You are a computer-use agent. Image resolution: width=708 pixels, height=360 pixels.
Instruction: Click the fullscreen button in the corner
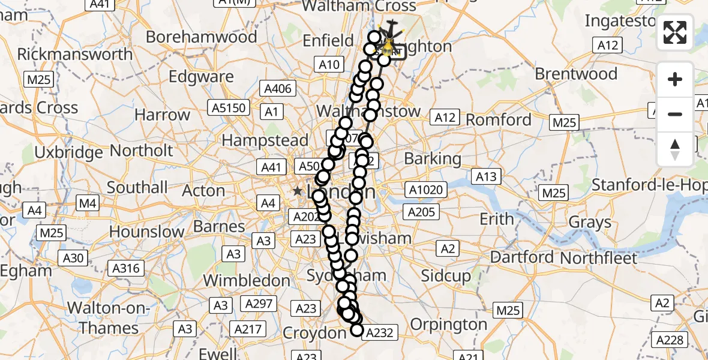[675, 32]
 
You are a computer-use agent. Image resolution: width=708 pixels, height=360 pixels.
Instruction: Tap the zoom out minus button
[675, 114]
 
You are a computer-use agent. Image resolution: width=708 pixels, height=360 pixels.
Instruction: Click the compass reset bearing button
[675, 149]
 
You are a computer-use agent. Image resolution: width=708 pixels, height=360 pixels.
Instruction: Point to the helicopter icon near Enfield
[391, 29]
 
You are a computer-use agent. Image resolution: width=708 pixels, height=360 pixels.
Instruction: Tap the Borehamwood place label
[201, 37]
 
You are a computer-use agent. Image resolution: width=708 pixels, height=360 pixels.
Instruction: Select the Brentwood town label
[576, 74]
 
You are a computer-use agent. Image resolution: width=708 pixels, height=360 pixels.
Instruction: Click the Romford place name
[499, 119]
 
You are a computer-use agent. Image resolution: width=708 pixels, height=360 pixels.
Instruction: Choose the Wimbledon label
[247, 280]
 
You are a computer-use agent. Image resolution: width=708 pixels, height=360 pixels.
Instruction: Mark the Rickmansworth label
[75, 54]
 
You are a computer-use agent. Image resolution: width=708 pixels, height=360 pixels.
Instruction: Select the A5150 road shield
[228, 108]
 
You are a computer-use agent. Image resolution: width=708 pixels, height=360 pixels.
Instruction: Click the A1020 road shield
[425, 191]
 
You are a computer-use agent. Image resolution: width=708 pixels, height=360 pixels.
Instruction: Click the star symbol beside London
[298, 191]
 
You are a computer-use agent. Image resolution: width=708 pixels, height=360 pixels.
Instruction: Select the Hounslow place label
[146, 232]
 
